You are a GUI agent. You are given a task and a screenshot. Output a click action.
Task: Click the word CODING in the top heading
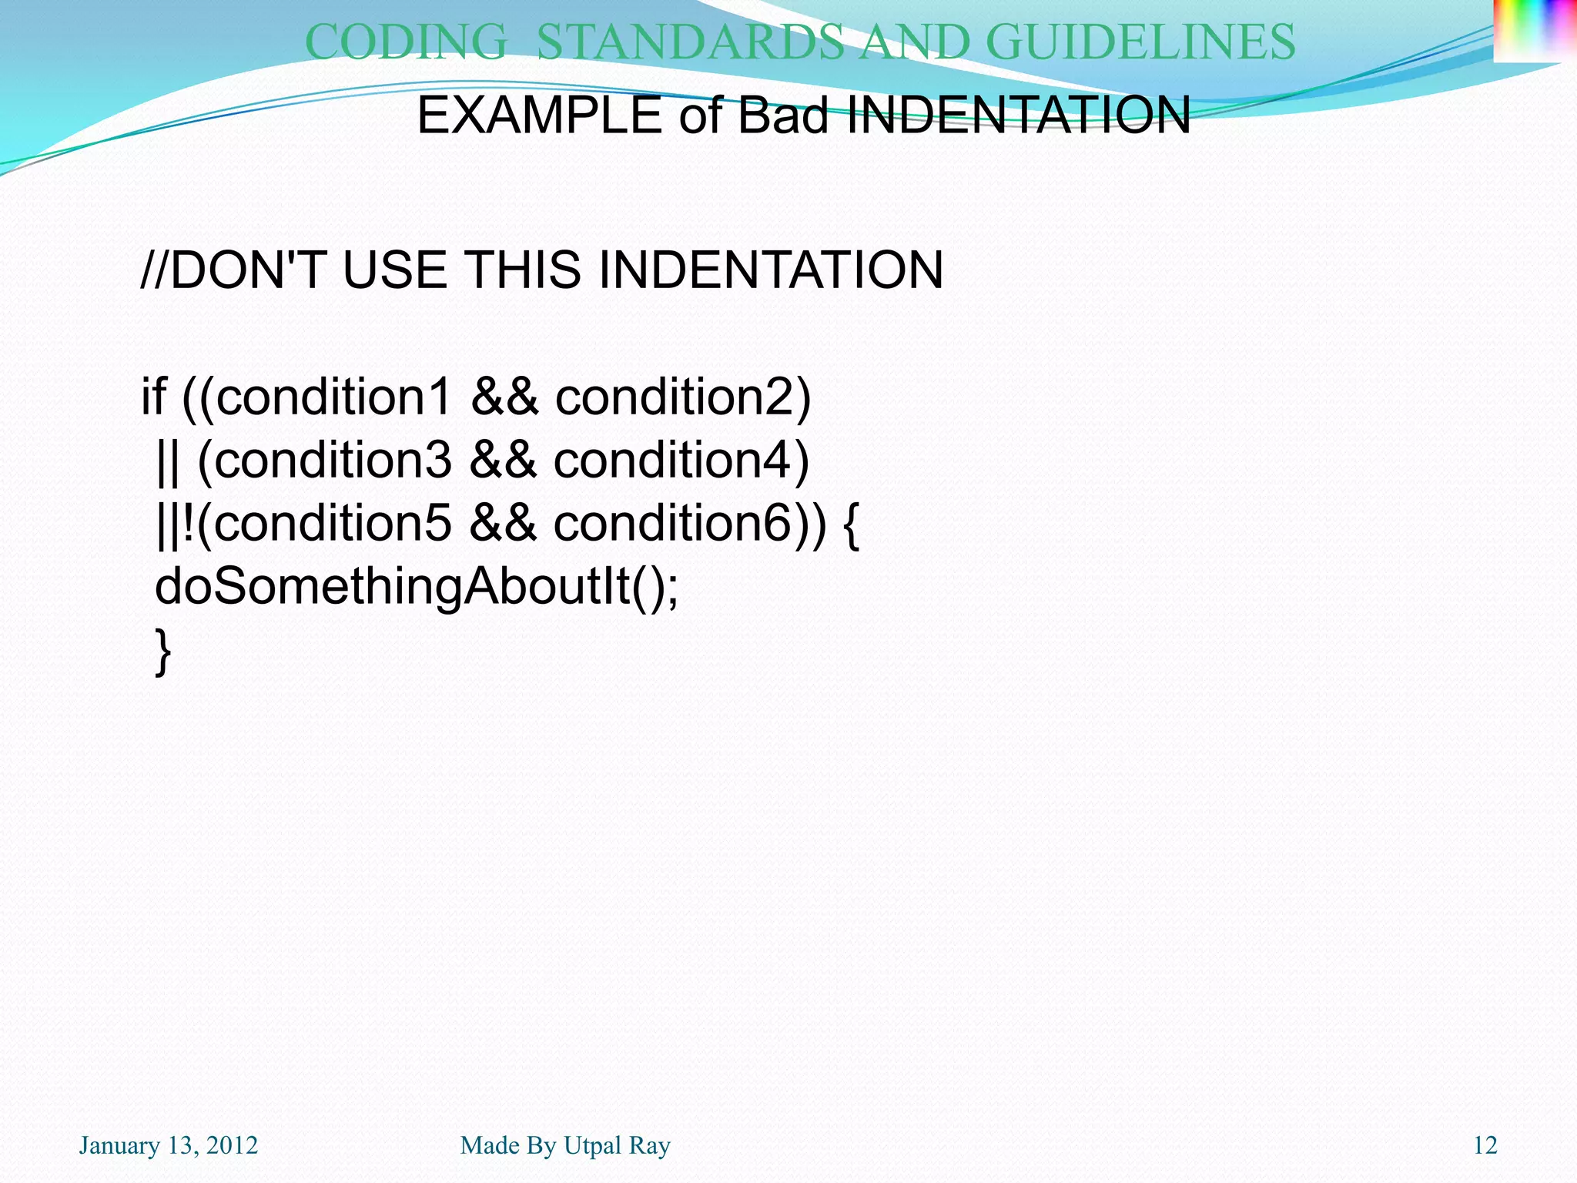click(407, 42)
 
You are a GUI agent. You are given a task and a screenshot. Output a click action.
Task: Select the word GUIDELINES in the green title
click(1140, 42)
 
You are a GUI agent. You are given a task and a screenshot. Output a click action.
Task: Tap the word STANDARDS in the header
click(690, 42)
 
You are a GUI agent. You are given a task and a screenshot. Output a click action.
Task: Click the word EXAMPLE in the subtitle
click(539, 116)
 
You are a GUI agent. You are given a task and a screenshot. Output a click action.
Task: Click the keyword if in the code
click(153, 397)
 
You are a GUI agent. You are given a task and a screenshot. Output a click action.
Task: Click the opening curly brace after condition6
click(851, 524)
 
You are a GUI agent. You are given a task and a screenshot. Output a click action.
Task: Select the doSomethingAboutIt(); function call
click(417, 587)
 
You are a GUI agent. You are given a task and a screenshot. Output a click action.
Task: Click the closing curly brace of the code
click(162, 651)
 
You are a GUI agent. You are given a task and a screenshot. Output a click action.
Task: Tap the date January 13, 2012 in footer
click(169, 1145)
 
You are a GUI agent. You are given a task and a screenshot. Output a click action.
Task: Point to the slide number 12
click(1485, 1145)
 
